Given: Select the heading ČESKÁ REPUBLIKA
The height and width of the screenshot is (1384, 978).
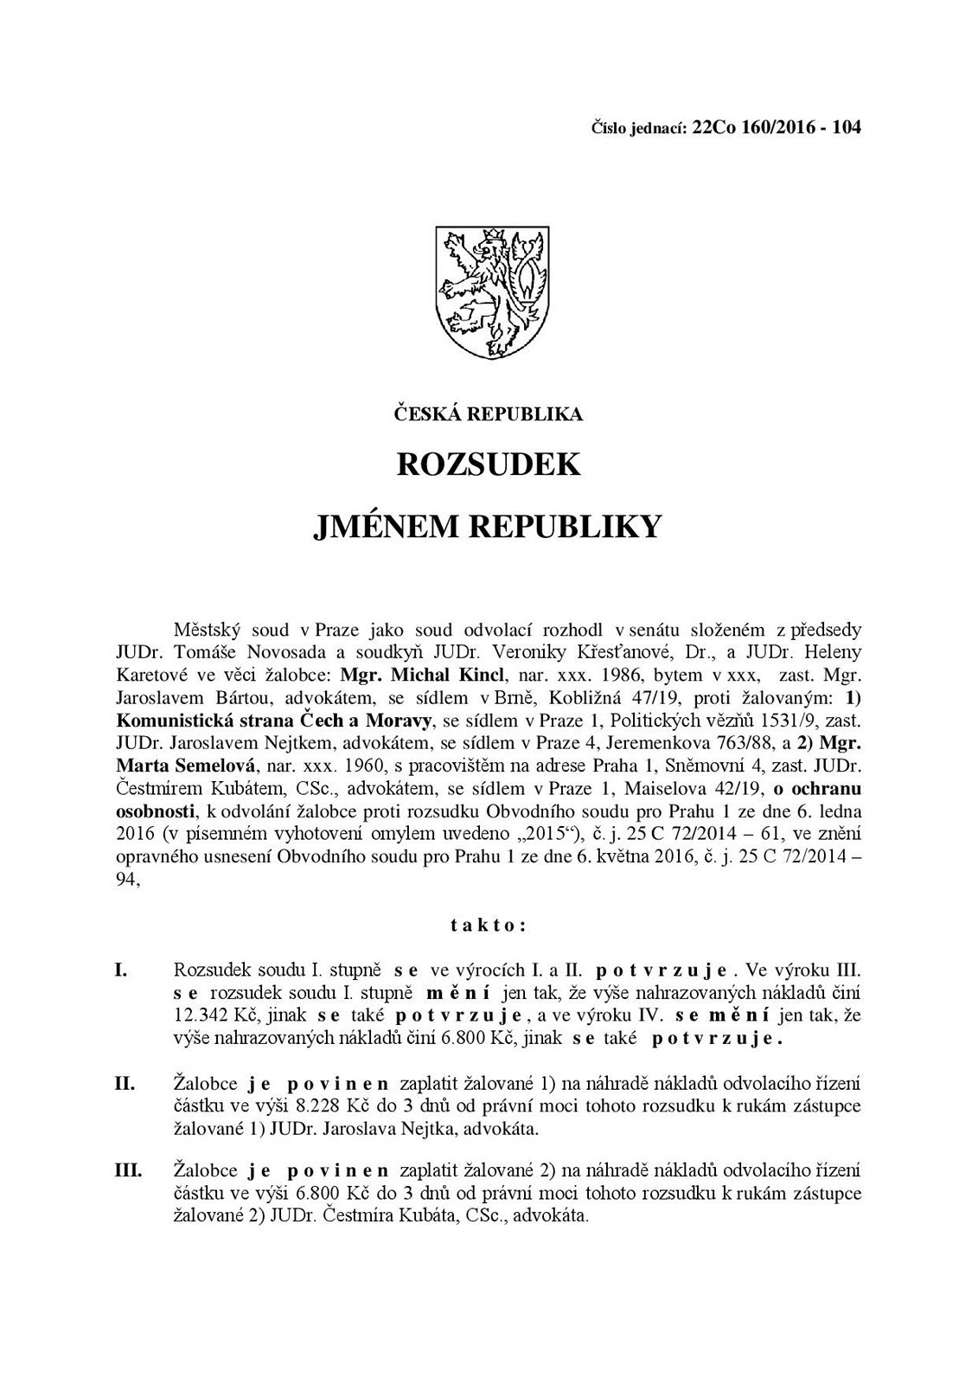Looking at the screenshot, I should (x=489, y=414).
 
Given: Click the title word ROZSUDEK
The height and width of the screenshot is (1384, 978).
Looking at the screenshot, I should (x=489, y=465).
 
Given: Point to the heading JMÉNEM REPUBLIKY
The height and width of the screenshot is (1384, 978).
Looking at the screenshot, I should (x=489, y=524).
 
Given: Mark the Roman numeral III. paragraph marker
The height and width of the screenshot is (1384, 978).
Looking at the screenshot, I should (x=128, y=1170).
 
